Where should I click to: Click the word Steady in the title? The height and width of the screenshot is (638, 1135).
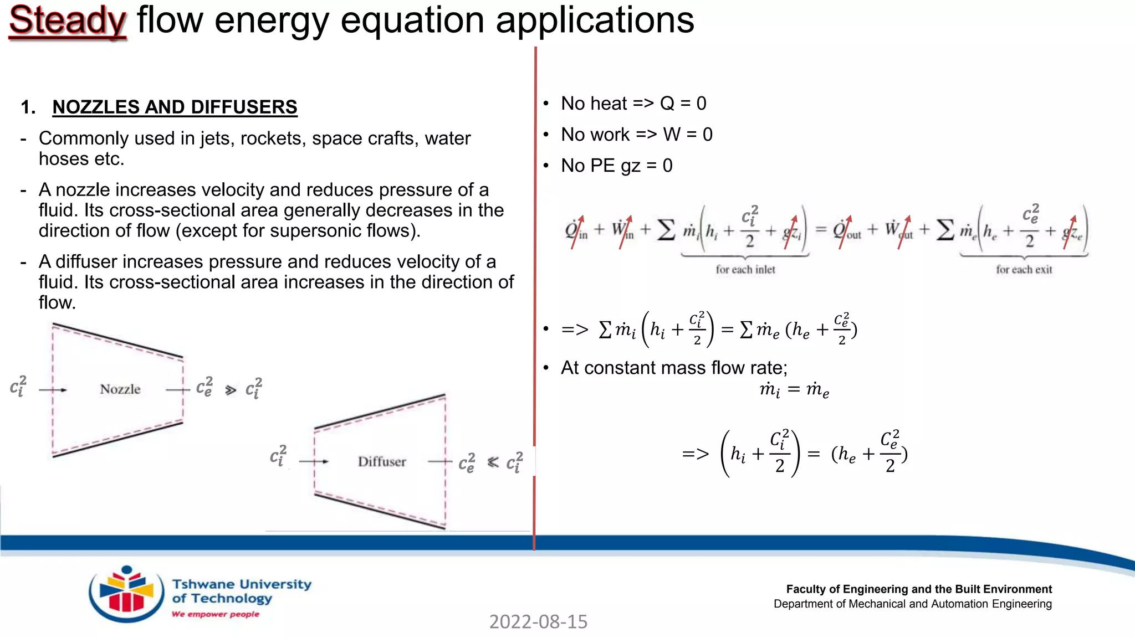point(68,21)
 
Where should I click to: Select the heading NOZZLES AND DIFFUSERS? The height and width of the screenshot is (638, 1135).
point(175,107)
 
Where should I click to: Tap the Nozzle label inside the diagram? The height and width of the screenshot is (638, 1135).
point(120,389)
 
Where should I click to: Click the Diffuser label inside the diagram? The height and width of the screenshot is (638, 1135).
point(382,462)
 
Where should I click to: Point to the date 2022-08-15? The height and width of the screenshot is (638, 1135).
point(538,622)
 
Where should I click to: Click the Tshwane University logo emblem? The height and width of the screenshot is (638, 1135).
point(126,594)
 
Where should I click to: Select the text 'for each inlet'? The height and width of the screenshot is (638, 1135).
point(745,270)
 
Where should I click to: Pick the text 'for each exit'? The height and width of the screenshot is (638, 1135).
point(1024,270)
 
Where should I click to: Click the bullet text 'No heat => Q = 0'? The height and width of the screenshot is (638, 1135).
point(633,104)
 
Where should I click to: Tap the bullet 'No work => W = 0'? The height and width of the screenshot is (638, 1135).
point(636,135)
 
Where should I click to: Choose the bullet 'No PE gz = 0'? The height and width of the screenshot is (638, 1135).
point(616,166)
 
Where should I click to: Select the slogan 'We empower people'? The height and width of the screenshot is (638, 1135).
point(215,614)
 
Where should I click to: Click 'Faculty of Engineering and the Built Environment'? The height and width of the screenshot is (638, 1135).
point(918,589)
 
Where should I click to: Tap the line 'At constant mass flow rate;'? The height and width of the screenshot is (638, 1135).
point(674,368)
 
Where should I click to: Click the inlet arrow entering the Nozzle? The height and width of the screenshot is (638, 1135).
point(53,390)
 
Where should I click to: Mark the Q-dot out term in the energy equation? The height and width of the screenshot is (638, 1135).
point(846,230)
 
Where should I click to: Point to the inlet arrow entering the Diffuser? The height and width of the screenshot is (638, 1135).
point(314,461)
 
